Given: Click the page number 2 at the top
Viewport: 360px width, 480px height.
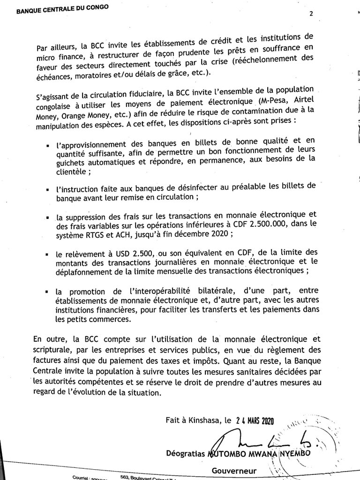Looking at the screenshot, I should [x=311, y=14].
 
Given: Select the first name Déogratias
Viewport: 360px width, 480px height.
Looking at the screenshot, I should [x=187, y=453].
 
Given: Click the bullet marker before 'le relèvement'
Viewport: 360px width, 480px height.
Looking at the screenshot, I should [x=47, y=255].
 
